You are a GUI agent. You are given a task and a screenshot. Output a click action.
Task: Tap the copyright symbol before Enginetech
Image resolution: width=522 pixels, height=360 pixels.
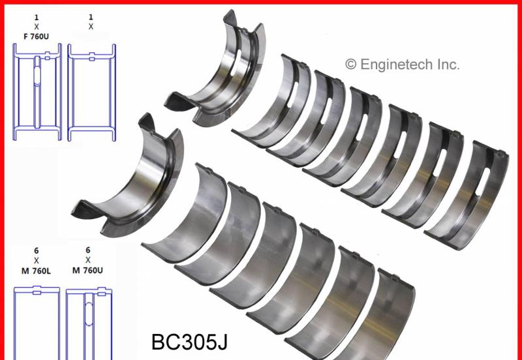(x=350, y=65)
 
